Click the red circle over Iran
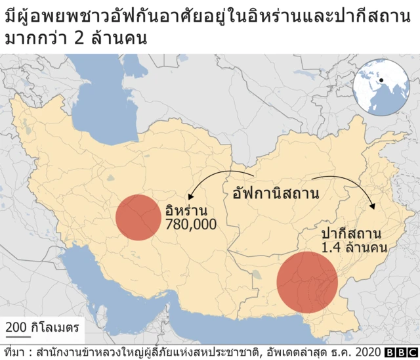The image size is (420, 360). (x=138, y=217)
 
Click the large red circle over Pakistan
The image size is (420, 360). (x=306, y=282)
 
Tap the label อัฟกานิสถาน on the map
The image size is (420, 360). (x=276, y=193)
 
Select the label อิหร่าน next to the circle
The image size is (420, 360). (x=187, y=212)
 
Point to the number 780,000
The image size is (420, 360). (x=192, y=225)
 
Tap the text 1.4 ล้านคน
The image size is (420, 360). (x=354, y=248)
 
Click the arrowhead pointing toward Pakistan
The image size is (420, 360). (x=373, y=206)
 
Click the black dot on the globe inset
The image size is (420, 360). (x=380, y=81)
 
